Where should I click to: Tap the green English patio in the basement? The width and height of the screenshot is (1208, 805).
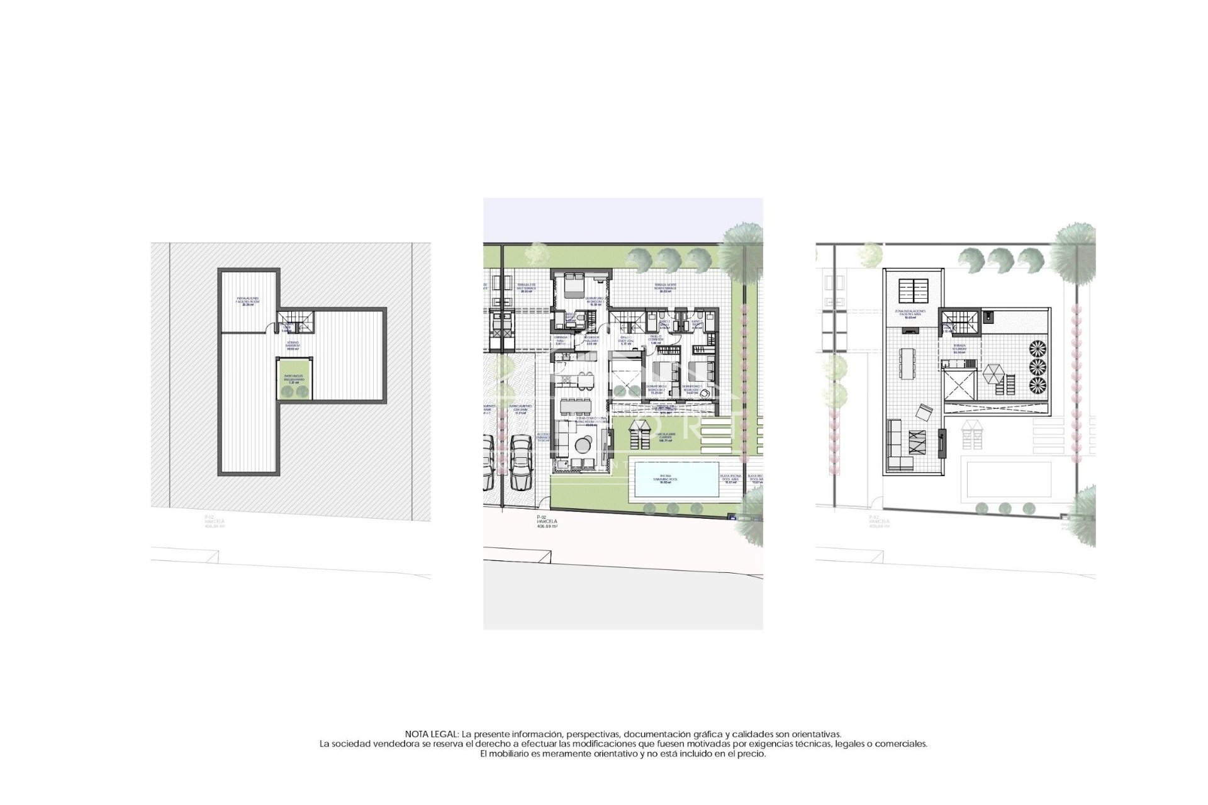point(294,379)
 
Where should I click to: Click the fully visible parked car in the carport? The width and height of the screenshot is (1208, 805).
point(521,462)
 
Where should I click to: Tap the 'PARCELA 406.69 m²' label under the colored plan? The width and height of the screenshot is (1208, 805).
point(545,523)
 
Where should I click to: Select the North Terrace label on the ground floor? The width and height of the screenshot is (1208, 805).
point(664,289)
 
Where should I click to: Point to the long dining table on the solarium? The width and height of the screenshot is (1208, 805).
point(907,363)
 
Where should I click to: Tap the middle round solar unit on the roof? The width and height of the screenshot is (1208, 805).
point(1037,366)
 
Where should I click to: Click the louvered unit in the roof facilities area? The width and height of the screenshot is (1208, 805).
point(912,291)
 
